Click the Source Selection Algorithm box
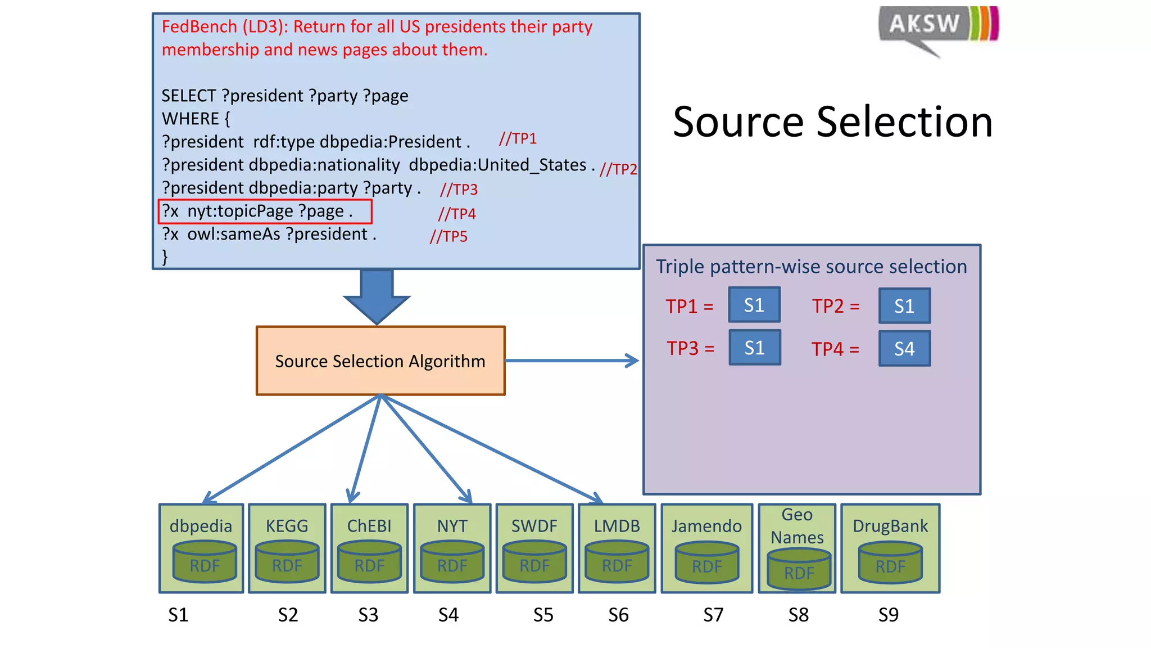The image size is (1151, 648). point(380,361)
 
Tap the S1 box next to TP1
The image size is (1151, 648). point(754,305)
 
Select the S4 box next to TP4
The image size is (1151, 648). point(904,349)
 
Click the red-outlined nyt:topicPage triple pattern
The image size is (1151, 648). point(265,211)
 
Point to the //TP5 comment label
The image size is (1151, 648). point(448,236)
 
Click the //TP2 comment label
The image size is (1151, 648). point(618,169)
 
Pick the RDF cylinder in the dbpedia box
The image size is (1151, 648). point(205,562)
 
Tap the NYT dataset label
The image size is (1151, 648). point(452,526)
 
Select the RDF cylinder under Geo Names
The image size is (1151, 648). point(799,569)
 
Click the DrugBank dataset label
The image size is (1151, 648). point(890,526)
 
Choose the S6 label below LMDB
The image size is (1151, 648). point(618,615)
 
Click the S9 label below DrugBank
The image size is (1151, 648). point(889,615)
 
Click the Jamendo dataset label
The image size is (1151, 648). point(706,526)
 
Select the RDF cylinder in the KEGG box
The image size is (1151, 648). point(287,562)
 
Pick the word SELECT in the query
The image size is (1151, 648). point(188,96)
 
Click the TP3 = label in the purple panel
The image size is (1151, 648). point(690,348)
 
